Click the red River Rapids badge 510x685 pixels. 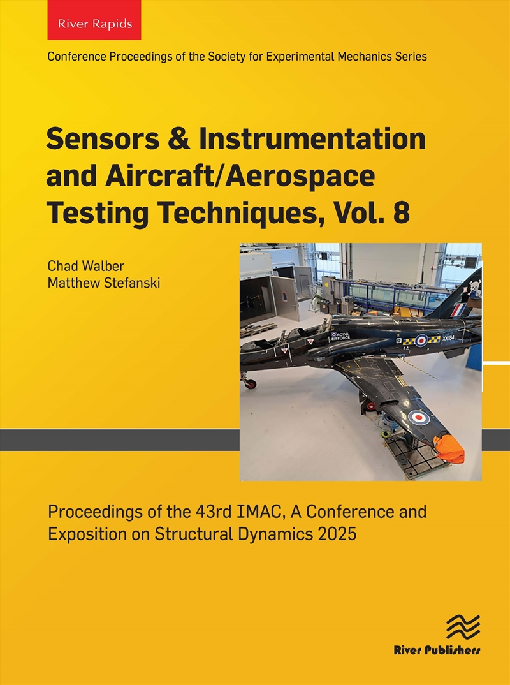(x=94, y=24)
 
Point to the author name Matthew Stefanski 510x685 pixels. (x=104, y=282)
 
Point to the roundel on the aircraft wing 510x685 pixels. (x=418, y=417)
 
